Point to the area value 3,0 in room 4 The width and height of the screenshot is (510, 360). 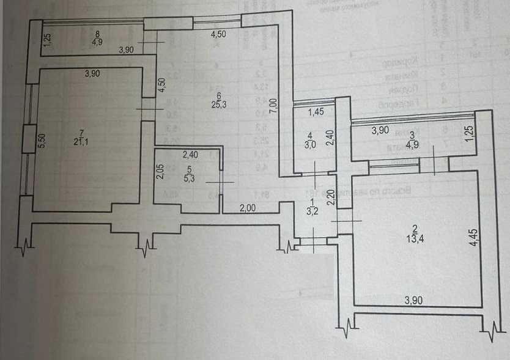click(311, 145)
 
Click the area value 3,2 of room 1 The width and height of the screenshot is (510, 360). click(312, 213)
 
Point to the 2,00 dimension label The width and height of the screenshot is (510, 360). click(247, 207)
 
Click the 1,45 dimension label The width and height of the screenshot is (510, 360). click(316, 112)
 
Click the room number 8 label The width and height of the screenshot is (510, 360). click(97, 35)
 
